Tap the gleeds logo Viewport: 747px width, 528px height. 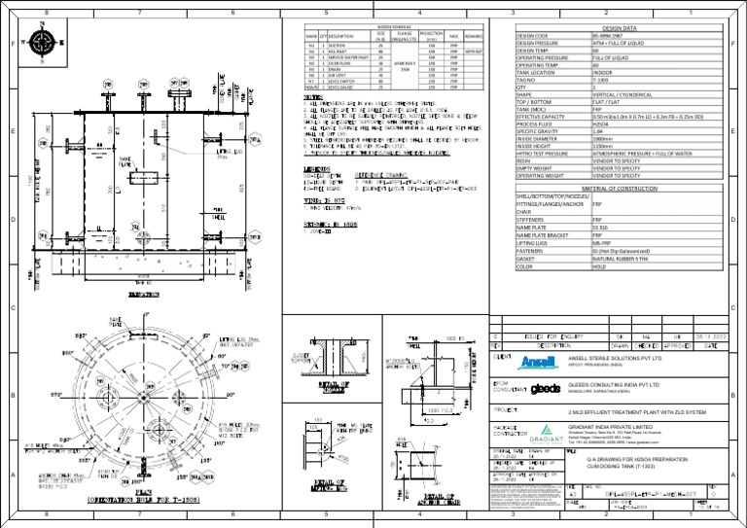tap(546, 389)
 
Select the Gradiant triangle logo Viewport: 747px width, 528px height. tap(547, 433)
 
